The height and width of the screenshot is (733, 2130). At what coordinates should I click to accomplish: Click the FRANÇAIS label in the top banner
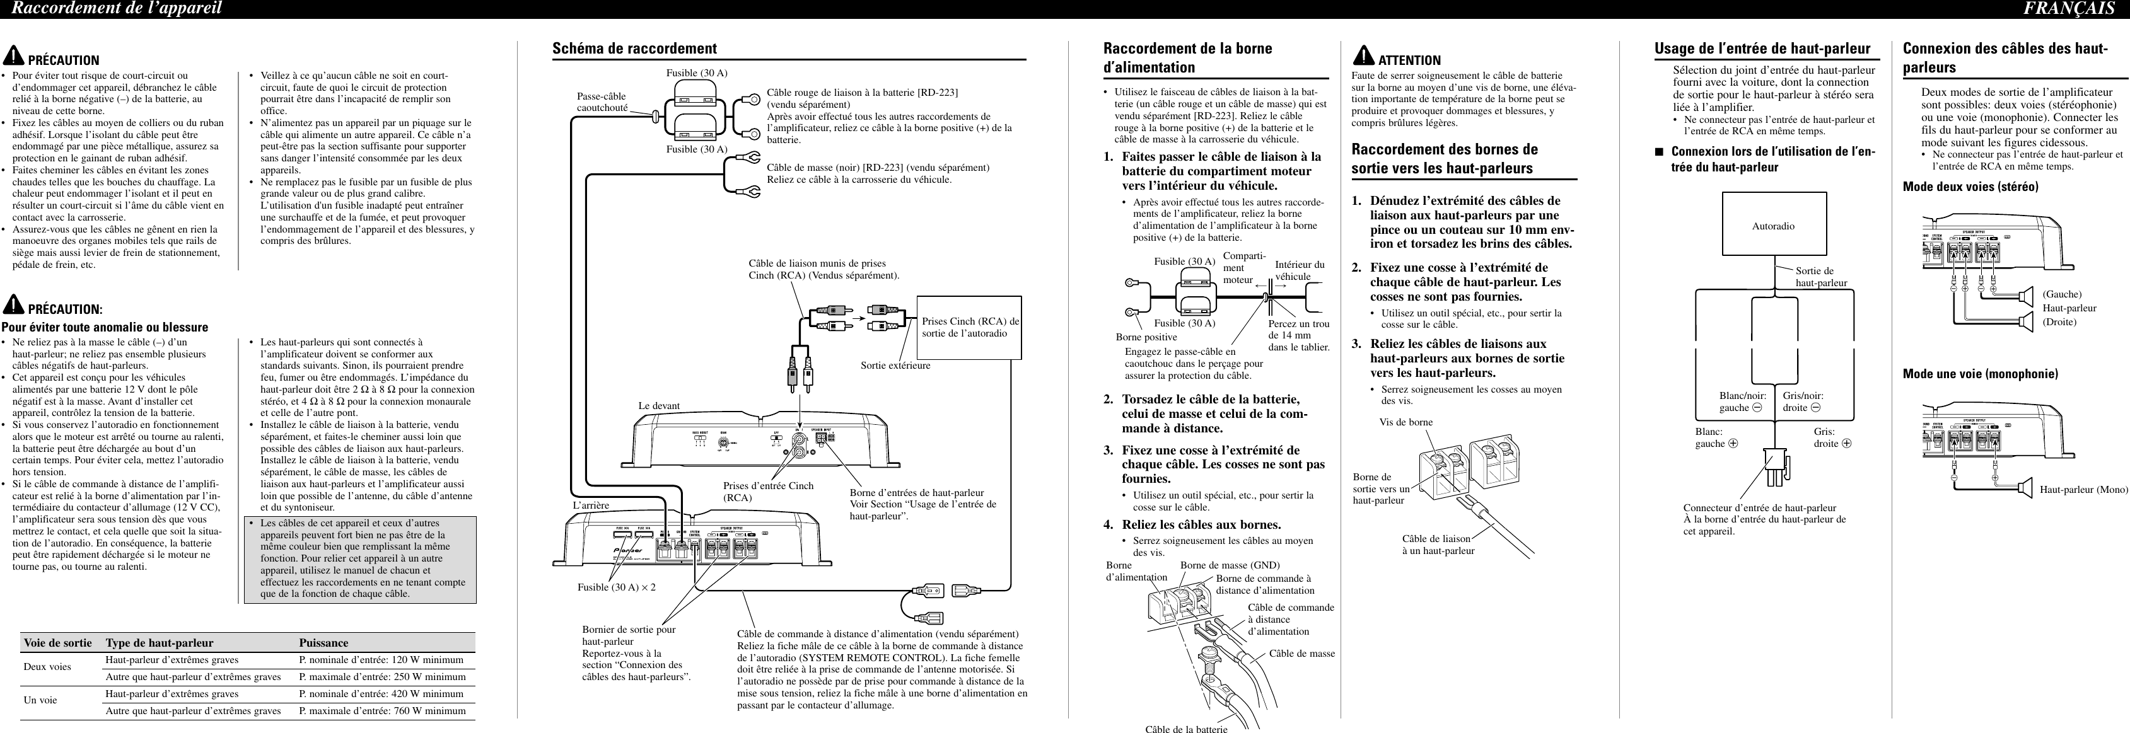pyautogui.click(x=2079, y=9)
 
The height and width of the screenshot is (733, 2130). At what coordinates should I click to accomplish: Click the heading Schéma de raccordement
pyautogui.click(x=634, y=49)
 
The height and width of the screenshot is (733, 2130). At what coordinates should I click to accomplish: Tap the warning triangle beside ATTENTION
pyautogui.click(x=1363, y=56)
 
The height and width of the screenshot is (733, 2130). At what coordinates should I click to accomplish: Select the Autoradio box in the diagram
pyautogui.click(x=1773, y=226)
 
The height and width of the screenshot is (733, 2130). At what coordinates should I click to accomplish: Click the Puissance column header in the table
pyautogui.click(x=323, y=642)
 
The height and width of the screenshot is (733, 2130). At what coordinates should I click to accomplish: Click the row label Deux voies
pyautogui.click(x=47, y=666)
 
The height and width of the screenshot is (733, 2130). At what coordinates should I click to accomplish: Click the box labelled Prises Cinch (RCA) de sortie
pyautogui.click(x=970, y=327)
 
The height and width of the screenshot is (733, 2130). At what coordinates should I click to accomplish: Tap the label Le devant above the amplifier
pyautogui.click(x=659, y=406)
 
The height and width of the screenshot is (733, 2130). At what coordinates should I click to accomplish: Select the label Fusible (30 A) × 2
pyautogui.click(x=616, y=587)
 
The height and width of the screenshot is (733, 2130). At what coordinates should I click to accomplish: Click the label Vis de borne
pyautogui.click(x=1405, y=422)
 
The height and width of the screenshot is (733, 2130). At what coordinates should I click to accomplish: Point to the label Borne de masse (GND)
pyautogui.click(x=1230, y=565)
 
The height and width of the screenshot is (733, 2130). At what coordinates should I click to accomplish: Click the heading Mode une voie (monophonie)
pyautogui.click(x=1981, y=374)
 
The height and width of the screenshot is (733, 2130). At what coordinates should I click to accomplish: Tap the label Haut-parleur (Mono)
pyautogui.click(x=2083, y=489)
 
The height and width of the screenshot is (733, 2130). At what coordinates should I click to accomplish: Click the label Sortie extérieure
pyautogui.click(x=895, y=366)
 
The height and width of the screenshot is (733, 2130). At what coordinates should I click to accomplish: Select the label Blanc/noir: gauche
pyautogui.click(x=1742, y=401)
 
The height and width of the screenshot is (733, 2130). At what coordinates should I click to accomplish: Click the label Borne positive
pyautogui.click(x=1146, y=337)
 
